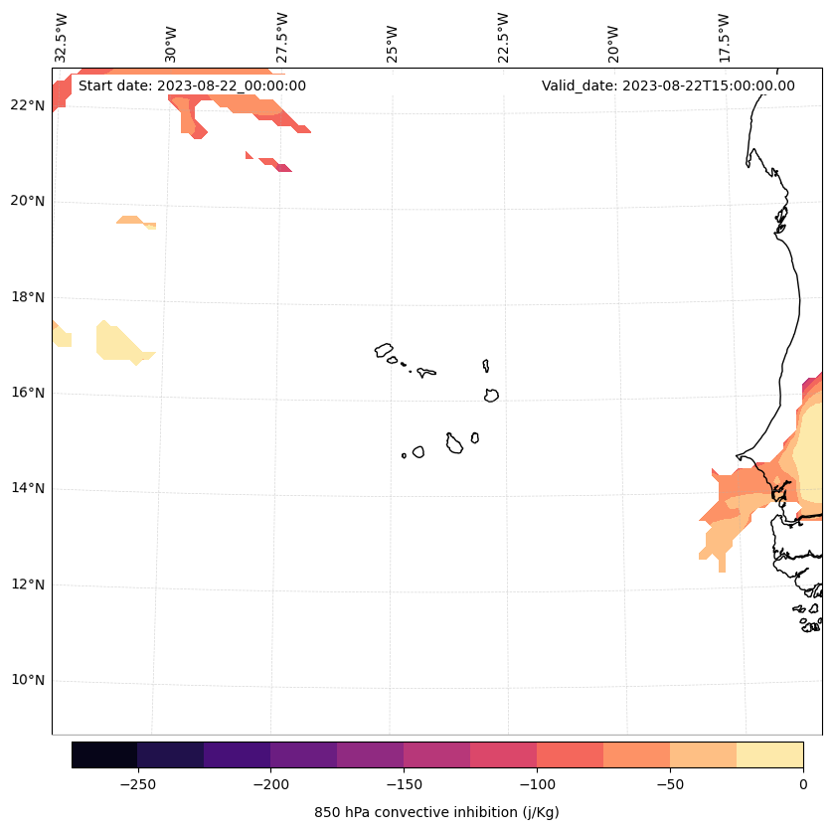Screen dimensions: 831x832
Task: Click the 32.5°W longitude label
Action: pyautogui.click(x=62, y=38)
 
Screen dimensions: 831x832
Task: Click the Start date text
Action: pyautogui.click(x=192, y=85)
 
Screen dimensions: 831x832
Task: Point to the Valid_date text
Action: pyautogui.click(x=668, y=85)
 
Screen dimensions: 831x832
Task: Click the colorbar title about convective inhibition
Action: pyautogui.click(x=436, y=812)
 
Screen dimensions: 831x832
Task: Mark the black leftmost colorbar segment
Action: pyautogui.click(x=104, y=754)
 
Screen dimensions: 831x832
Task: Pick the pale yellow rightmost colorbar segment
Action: pyautogui.click(x=769, y=754)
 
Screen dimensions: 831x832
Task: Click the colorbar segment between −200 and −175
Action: pyautogui.click(x=303, y=754)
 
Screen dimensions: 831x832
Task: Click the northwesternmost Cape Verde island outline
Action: pyautogui.click(x=384, y=350)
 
